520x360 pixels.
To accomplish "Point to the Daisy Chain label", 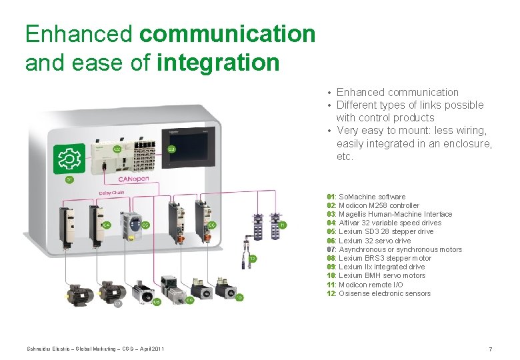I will (x=113, y=193).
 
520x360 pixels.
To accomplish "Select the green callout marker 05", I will (x=145, y=225).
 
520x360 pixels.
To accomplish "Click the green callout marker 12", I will (x=253, y=258).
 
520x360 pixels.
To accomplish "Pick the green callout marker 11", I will (x=283, y=225).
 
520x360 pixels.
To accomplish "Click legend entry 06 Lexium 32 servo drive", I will (x=369, y=241).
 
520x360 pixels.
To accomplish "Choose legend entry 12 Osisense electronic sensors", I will (x=379, y=293).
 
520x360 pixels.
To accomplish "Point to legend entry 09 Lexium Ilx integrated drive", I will (x=375, y=267).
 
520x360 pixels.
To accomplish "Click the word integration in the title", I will (x=217, y=63).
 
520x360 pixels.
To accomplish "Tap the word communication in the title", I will (x=228, y=33).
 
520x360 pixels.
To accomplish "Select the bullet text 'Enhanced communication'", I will (x=397, y=92).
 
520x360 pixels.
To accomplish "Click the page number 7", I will (x=491, y=349).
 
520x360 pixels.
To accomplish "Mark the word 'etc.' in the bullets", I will (x=345, y=157).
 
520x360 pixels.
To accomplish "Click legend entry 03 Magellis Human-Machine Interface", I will (x=389, y=214).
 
